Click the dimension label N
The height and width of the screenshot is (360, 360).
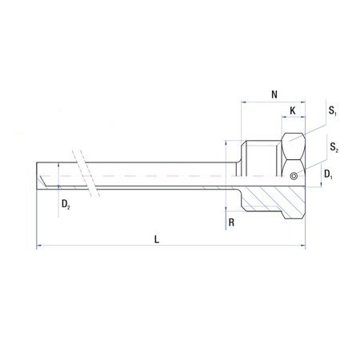[x=274, y=94]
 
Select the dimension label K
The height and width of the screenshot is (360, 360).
[x=293, y=110]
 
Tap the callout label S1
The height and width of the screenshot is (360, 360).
[x=332, y=110]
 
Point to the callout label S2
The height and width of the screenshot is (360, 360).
[x=334, y=147]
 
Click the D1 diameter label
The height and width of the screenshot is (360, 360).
[x=328, y=174]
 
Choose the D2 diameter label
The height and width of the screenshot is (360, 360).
[x=66, y=204]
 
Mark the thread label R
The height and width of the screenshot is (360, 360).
[x=231, y=222]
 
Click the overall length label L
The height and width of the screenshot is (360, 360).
[x=157, y=239]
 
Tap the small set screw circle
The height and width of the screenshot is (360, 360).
[x=294, y=176]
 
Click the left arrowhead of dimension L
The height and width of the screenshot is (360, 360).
[x=38, y=245]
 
